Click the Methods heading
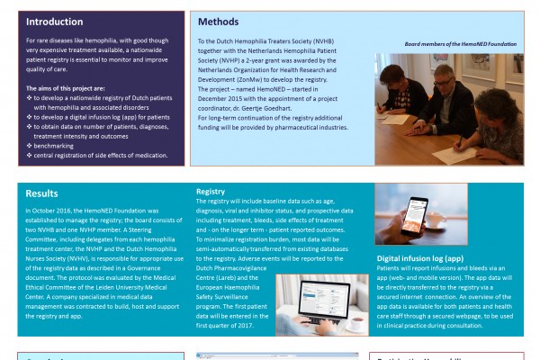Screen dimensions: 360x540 (220, 22)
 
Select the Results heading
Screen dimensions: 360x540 (41, 193)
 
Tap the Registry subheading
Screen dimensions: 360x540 (211, 192)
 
